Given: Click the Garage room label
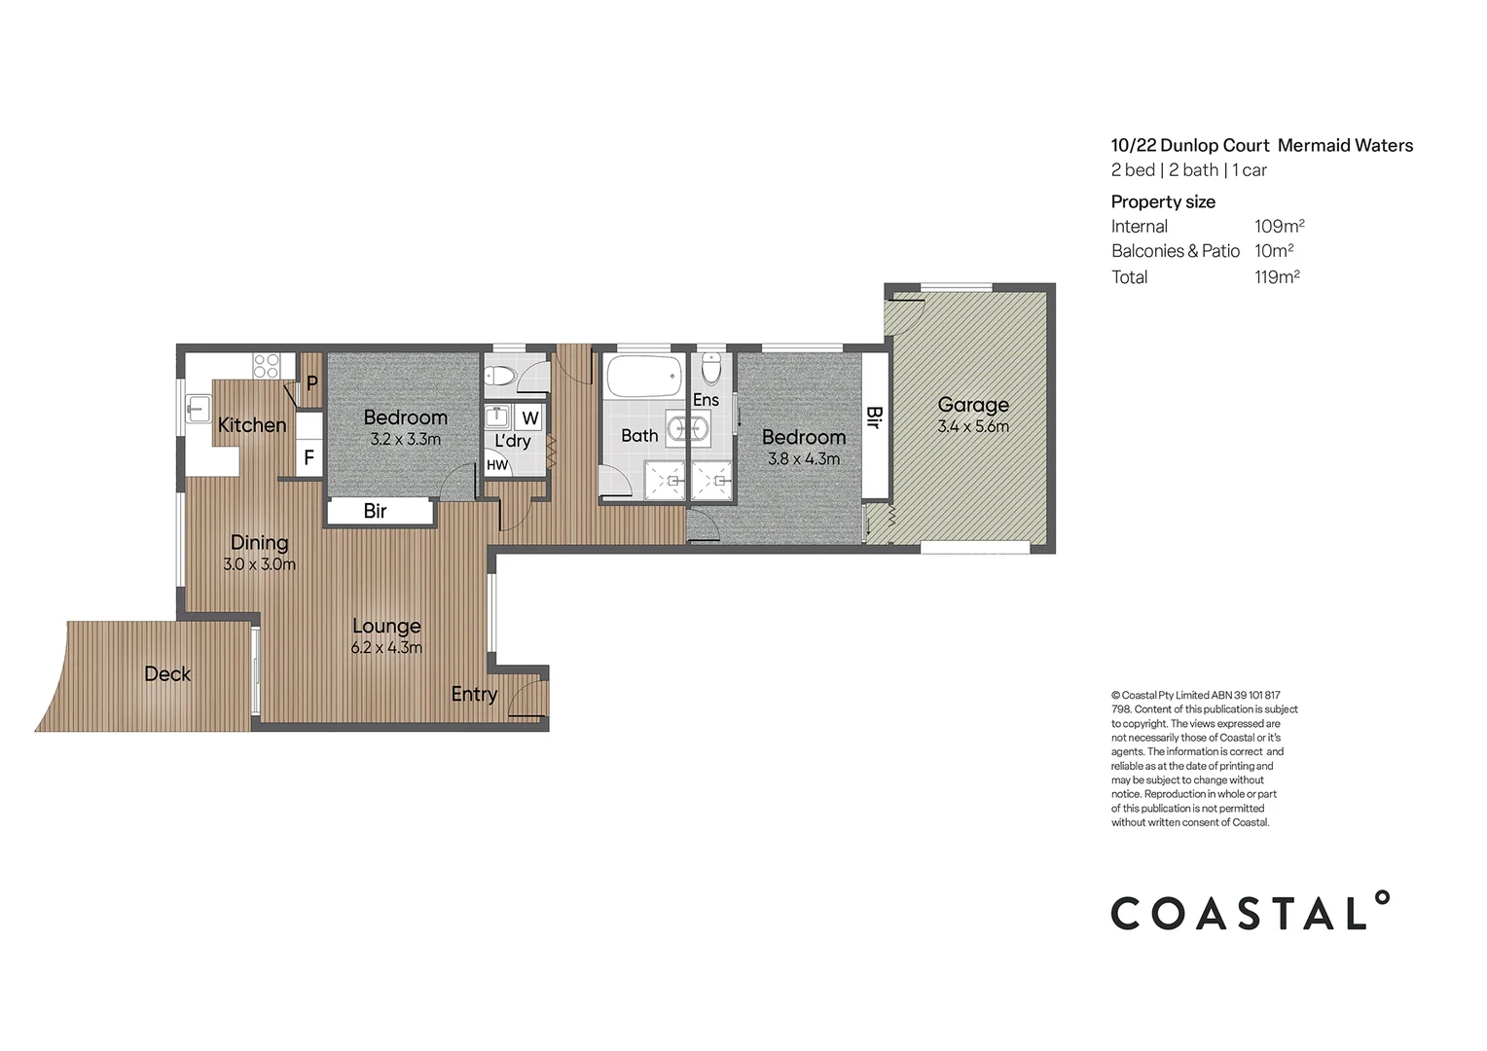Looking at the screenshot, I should tap(972, 405).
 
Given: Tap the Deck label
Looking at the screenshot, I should tap(167, 673).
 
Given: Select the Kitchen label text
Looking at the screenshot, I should tap(252, 425).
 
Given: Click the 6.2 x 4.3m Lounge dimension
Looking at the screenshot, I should tap(386, 648).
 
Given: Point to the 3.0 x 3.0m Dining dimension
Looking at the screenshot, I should tap(259, 564).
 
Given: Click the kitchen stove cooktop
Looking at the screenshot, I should tap(267, 366).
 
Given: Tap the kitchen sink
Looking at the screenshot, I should tap(199, 410).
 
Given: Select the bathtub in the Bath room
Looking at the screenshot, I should tap(643, 377).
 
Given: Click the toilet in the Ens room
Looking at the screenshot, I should tap(711, 368).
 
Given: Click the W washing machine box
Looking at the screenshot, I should tap(529, 418).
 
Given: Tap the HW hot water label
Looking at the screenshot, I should tap(497, 465).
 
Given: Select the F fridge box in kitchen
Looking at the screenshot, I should tap(308, 456).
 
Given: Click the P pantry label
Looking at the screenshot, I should tap(311, 383).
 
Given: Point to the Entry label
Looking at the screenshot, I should tap(474, 694).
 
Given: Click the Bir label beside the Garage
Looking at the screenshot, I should tap(874, 417).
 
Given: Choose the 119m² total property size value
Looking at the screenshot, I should tap(1277, 277).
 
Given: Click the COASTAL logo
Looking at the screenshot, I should tap(1250, 912).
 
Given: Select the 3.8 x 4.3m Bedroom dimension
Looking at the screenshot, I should tap(803, 459).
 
